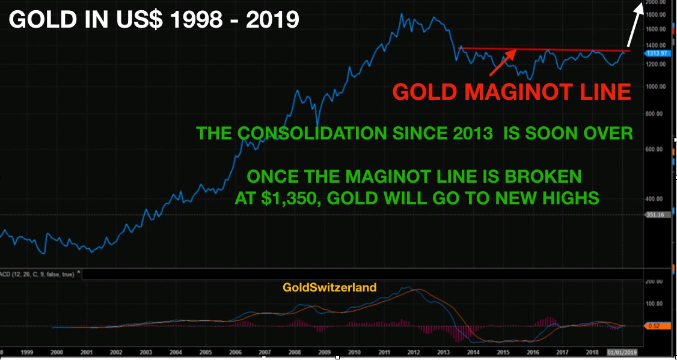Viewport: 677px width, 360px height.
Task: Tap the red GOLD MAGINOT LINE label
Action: coord(512,92)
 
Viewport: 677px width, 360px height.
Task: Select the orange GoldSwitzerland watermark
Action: coord(329,287)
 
